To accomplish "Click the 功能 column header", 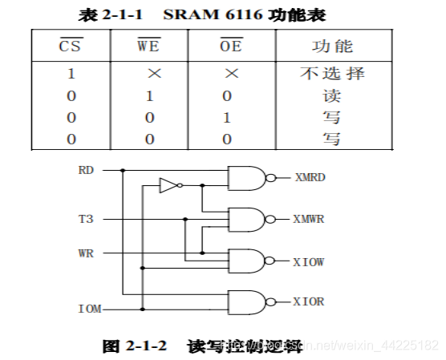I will [x=332, y=47].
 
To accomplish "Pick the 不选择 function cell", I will [x=332, y=74].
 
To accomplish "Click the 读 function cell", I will [x=332, y=96].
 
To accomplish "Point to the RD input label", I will [x=86, y=170].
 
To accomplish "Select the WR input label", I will [x=86, y=253].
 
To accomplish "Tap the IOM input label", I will [x=89, y=309].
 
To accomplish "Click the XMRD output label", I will [x=309, y=178].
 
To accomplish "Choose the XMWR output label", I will [x=309, y=219].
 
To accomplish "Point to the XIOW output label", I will [x=309, y=261].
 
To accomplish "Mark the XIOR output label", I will [x=309, y=301].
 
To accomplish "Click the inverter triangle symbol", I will [x=168, y=186].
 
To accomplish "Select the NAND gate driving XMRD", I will [x=247, y=178].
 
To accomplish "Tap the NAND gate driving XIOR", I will [x=247, y=301].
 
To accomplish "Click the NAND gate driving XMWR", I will [x=247, y=219].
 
